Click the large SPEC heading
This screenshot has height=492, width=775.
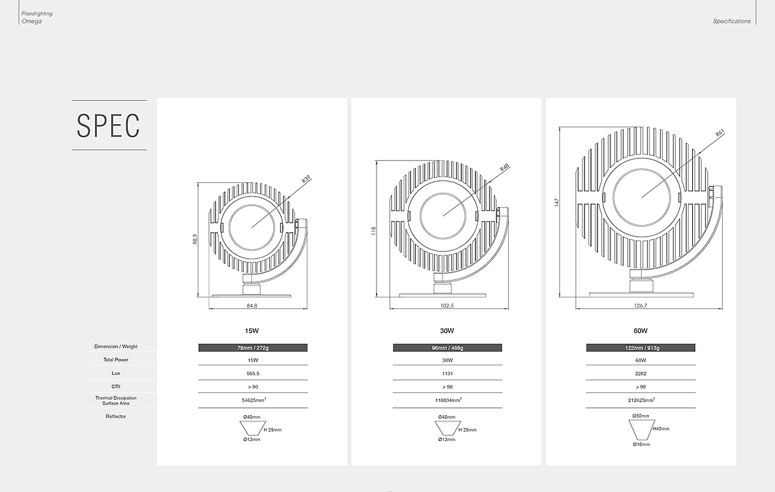point(108,125)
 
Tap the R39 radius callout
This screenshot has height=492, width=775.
point(307,179)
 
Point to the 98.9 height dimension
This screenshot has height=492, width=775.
point(195,239)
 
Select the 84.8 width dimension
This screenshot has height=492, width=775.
point(252,306)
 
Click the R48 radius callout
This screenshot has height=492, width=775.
point(505,167)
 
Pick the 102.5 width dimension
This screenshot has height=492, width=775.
point(447,306)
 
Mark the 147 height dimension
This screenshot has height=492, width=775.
point(557,202)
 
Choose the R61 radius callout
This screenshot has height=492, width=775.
point(720,133)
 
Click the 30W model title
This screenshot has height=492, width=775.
point(447,330)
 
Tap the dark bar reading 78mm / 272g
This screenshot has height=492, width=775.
point(253,348)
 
